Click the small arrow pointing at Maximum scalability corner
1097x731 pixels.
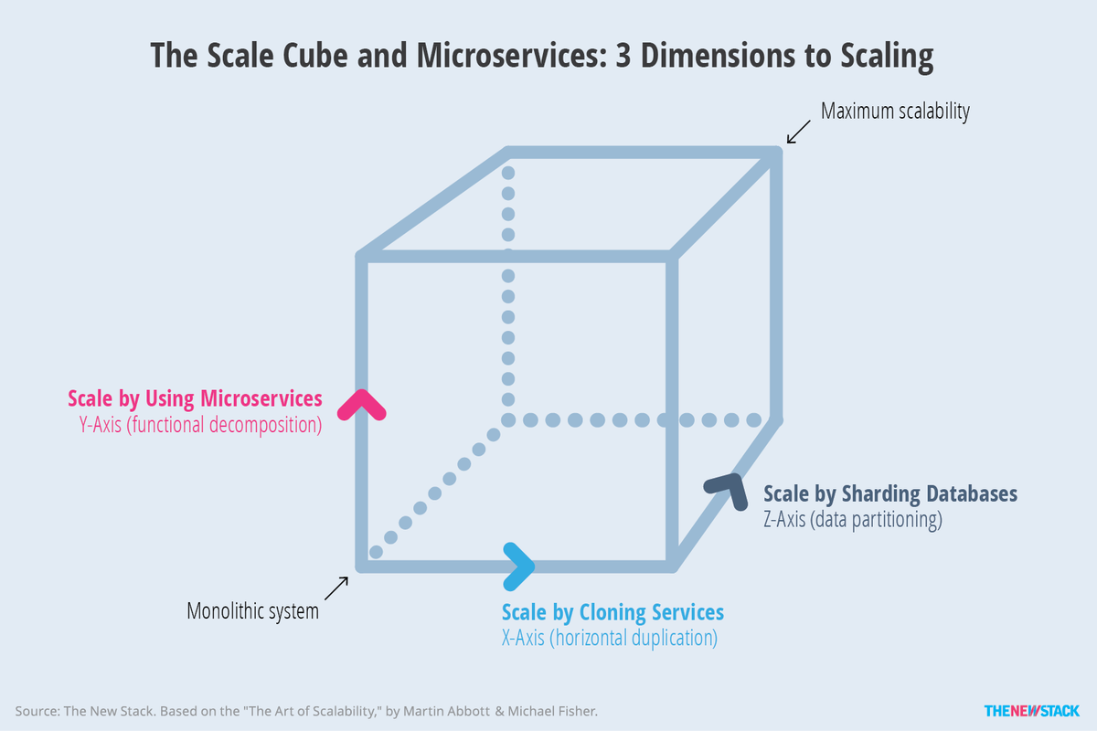click(798, 132)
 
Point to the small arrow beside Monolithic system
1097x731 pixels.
click(336, 588)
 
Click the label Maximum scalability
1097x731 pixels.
click(895, 111)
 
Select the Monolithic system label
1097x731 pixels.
click(252, 611)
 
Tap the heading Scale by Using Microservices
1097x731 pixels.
click(195, 398)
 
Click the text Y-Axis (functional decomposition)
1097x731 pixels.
click(200, 425)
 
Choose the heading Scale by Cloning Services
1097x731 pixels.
click(612, 612)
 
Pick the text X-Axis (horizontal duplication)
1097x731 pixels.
click(609, 638)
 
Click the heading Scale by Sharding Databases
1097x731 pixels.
click(890, 493)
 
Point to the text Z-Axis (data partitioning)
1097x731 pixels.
click(853, 520)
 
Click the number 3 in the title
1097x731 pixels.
click(623, 55)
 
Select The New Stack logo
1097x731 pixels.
click(1031, 711)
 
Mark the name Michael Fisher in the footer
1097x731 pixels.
click(552, 712)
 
